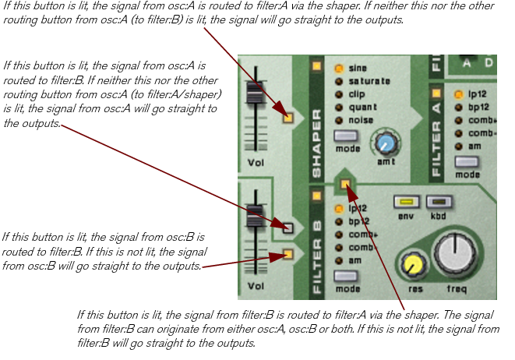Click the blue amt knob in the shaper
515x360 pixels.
point(383,143)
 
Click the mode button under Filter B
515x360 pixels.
point(345,276)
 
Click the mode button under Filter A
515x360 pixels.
point(467,162)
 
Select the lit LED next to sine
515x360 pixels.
point(339,69)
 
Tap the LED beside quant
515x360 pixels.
point(339,107)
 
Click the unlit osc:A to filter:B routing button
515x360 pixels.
point(287,228)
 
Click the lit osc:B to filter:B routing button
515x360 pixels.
point(287,254)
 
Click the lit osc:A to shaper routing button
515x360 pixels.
point(287,118)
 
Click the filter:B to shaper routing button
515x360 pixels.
point(344,185)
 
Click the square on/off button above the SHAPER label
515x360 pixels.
point(317,66)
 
